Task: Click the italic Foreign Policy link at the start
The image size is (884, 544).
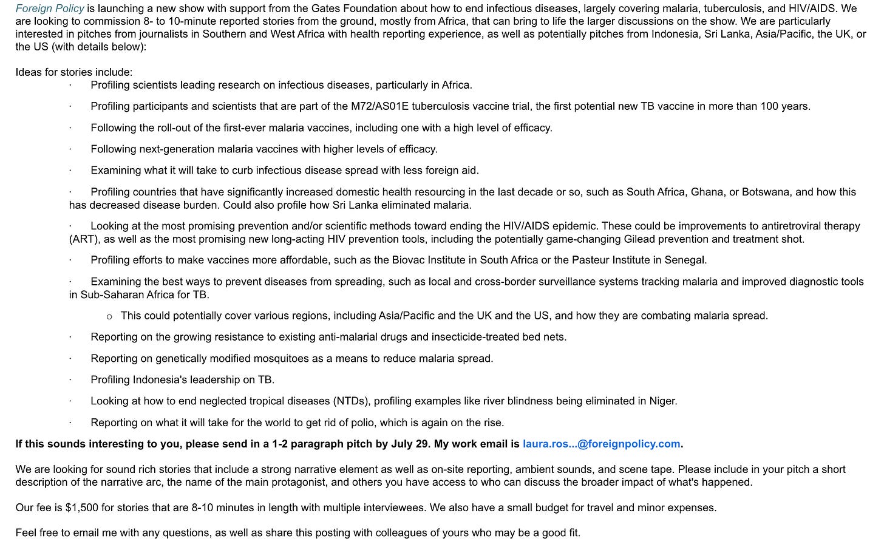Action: click(50, 8)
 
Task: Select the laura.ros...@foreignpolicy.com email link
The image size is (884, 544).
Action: click(601, 444)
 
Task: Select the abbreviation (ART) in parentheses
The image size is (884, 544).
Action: click(83, 239)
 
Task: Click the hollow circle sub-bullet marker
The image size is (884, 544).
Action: click(109, 316)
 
